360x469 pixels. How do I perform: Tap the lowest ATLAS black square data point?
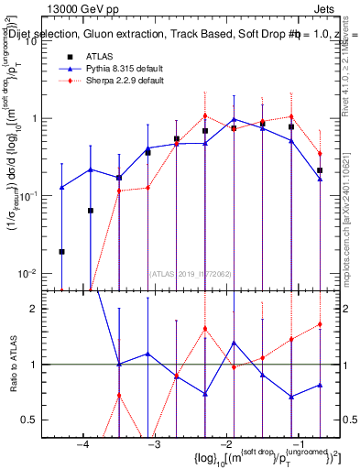click(x=61, y=251)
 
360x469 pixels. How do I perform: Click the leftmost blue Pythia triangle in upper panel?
click(x=61, y=187)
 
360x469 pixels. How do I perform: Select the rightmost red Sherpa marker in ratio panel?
click(x=320, y=324)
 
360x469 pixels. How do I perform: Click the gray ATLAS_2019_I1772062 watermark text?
click(x=189, y=273)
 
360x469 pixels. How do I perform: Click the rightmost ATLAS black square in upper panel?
click(x=320, y=170)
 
